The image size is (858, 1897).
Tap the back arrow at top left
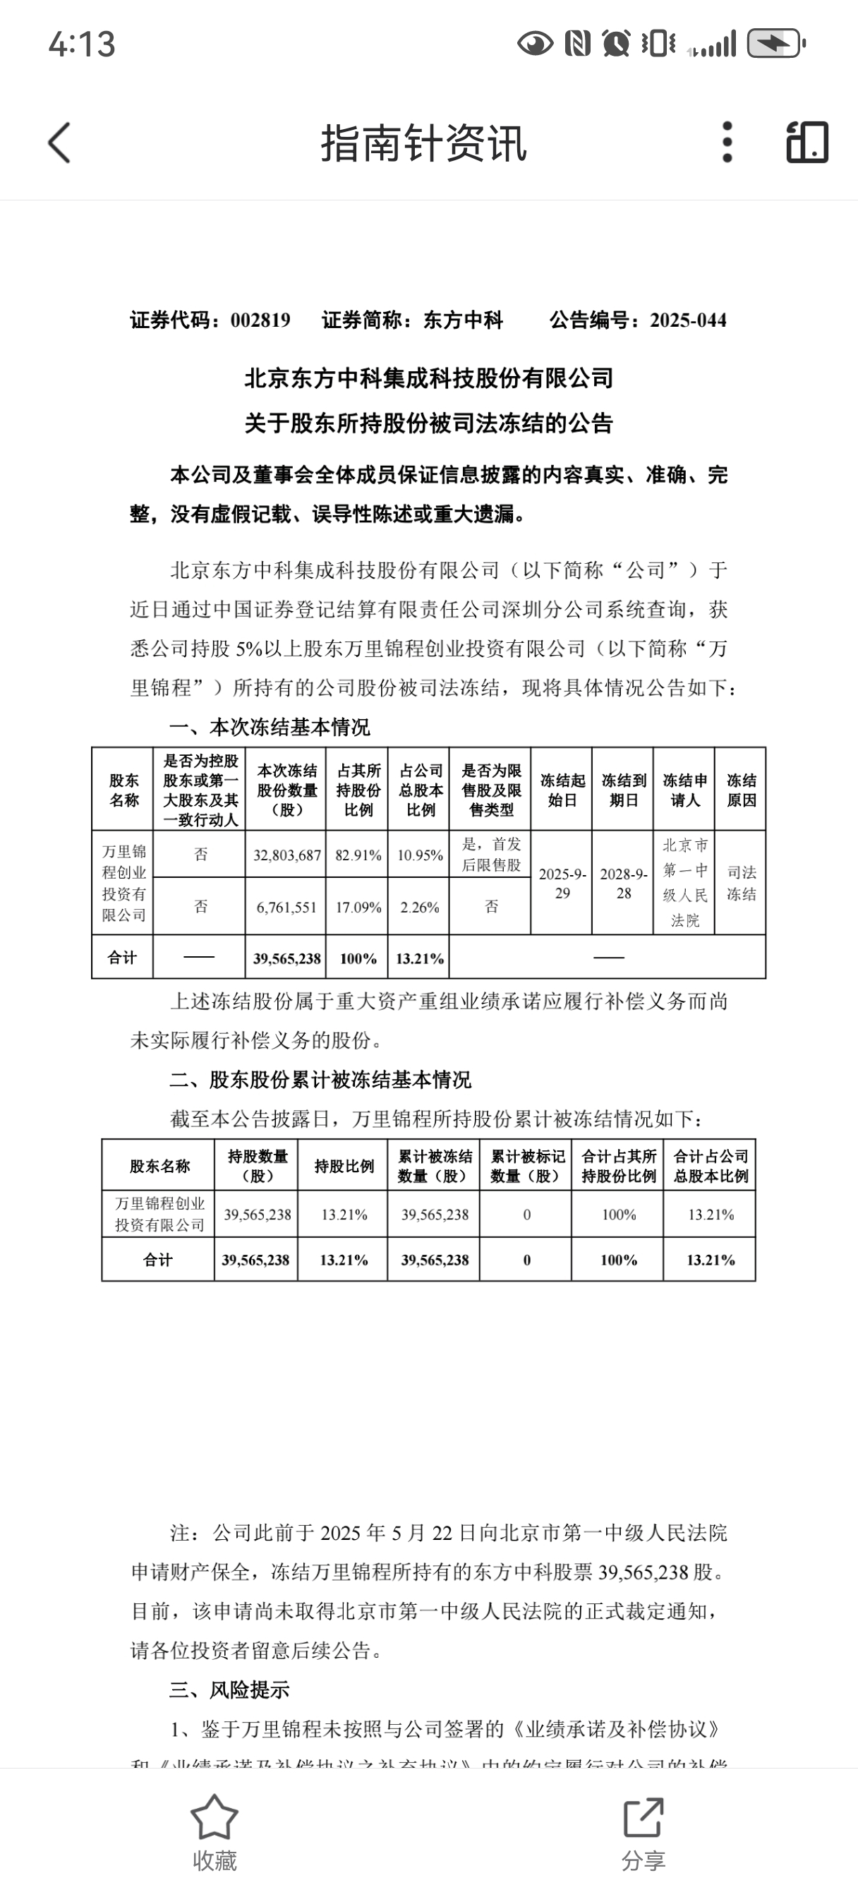pos(60,142)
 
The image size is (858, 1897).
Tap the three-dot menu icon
pos(727,142)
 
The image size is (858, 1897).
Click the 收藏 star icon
pos(214,1817)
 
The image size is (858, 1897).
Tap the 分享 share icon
pos(643,1817)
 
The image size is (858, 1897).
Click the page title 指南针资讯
pos(423,143)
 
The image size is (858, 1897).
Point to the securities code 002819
pos(260,320)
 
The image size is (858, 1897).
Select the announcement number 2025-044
pos(688,320)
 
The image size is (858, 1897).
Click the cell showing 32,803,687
pos(286,855)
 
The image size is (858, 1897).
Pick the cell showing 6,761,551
pos(286,908)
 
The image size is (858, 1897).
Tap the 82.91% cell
pos(358,855)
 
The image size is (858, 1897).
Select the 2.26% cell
pos(420,908)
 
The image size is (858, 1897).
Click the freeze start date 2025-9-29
pos(562,883)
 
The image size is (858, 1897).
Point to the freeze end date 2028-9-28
pos(623,883)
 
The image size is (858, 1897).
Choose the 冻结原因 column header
pos(741,790)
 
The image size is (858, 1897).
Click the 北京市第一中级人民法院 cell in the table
pos(685,883)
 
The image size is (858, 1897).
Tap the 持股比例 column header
pos(343,1166)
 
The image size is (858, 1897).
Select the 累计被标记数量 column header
pos(527,1166)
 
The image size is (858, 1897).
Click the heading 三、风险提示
pos(229,1690)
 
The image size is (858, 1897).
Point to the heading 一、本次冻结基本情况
pos(270,728)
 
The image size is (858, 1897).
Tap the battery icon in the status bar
pos(776,44)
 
